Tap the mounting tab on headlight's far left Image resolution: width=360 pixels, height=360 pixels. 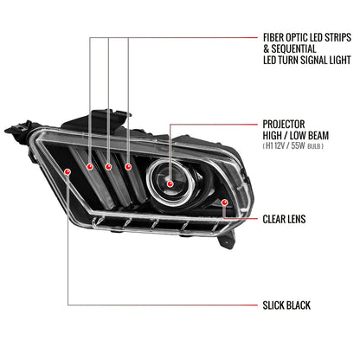tap(13, 132)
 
